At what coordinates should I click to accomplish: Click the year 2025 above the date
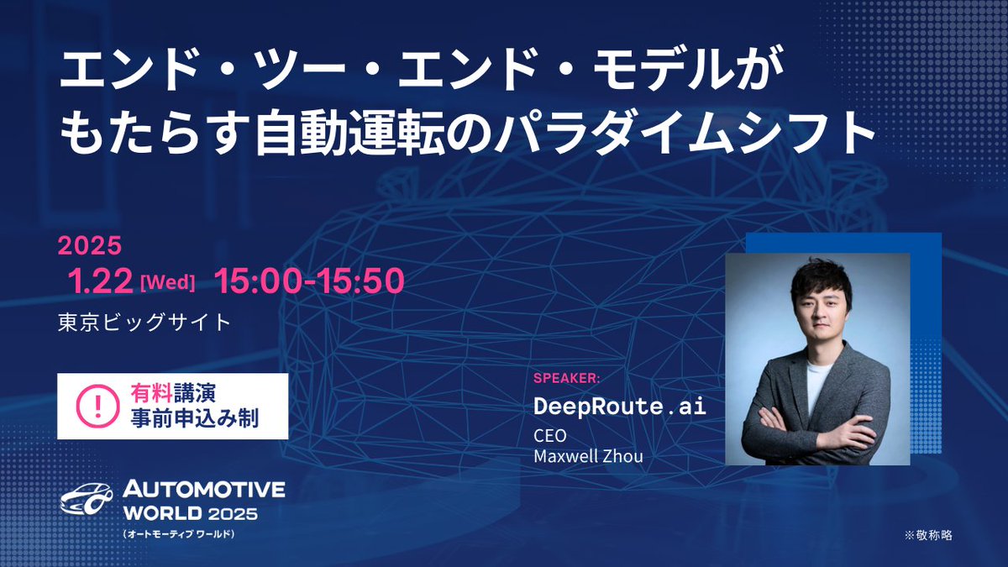pos(90,246)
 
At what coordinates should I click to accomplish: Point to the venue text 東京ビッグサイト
pos(144,323)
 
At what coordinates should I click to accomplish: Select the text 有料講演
pos(179,392)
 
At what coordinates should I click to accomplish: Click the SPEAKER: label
pos(567,378)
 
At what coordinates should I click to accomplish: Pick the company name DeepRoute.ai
pos(620,407)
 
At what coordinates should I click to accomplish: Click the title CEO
pos(550,437)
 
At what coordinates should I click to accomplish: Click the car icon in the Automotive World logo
pos(86,501)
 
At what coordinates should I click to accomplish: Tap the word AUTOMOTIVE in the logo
pos(204,491)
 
